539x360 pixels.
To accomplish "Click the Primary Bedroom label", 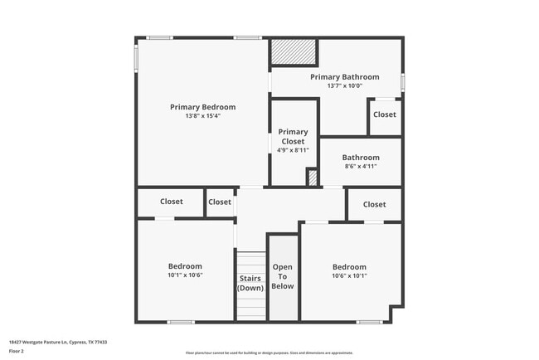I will [202, 107].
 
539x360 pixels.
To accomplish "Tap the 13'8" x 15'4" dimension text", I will [202, 116].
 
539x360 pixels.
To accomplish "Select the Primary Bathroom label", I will [345, 77].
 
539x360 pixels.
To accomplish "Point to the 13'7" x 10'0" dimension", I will [345, 85].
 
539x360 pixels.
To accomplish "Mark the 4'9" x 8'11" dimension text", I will [293, 150].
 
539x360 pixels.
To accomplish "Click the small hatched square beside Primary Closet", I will [313, 178].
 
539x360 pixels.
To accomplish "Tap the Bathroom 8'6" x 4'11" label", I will [361, 161].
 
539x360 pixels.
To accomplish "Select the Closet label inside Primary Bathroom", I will [384, 114].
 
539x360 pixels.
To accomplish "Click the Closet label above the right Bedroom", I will [374, 204].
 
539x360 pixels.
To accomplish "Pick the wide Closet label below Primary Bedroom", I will [172, 202].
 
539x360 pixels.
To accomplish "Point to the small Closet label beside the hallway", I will [220, 202].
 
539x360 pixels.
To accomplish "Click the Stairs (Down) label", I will [250, 283].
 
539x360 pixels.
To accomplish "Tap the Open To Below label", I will [283, 276].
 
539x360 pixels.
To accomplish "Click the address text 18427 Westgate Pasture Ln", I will [58, 342].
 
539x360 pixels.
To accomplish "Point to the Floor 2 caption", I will [17, 351].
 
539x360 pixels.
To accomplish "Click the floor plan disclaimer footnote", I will [269, 353].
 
